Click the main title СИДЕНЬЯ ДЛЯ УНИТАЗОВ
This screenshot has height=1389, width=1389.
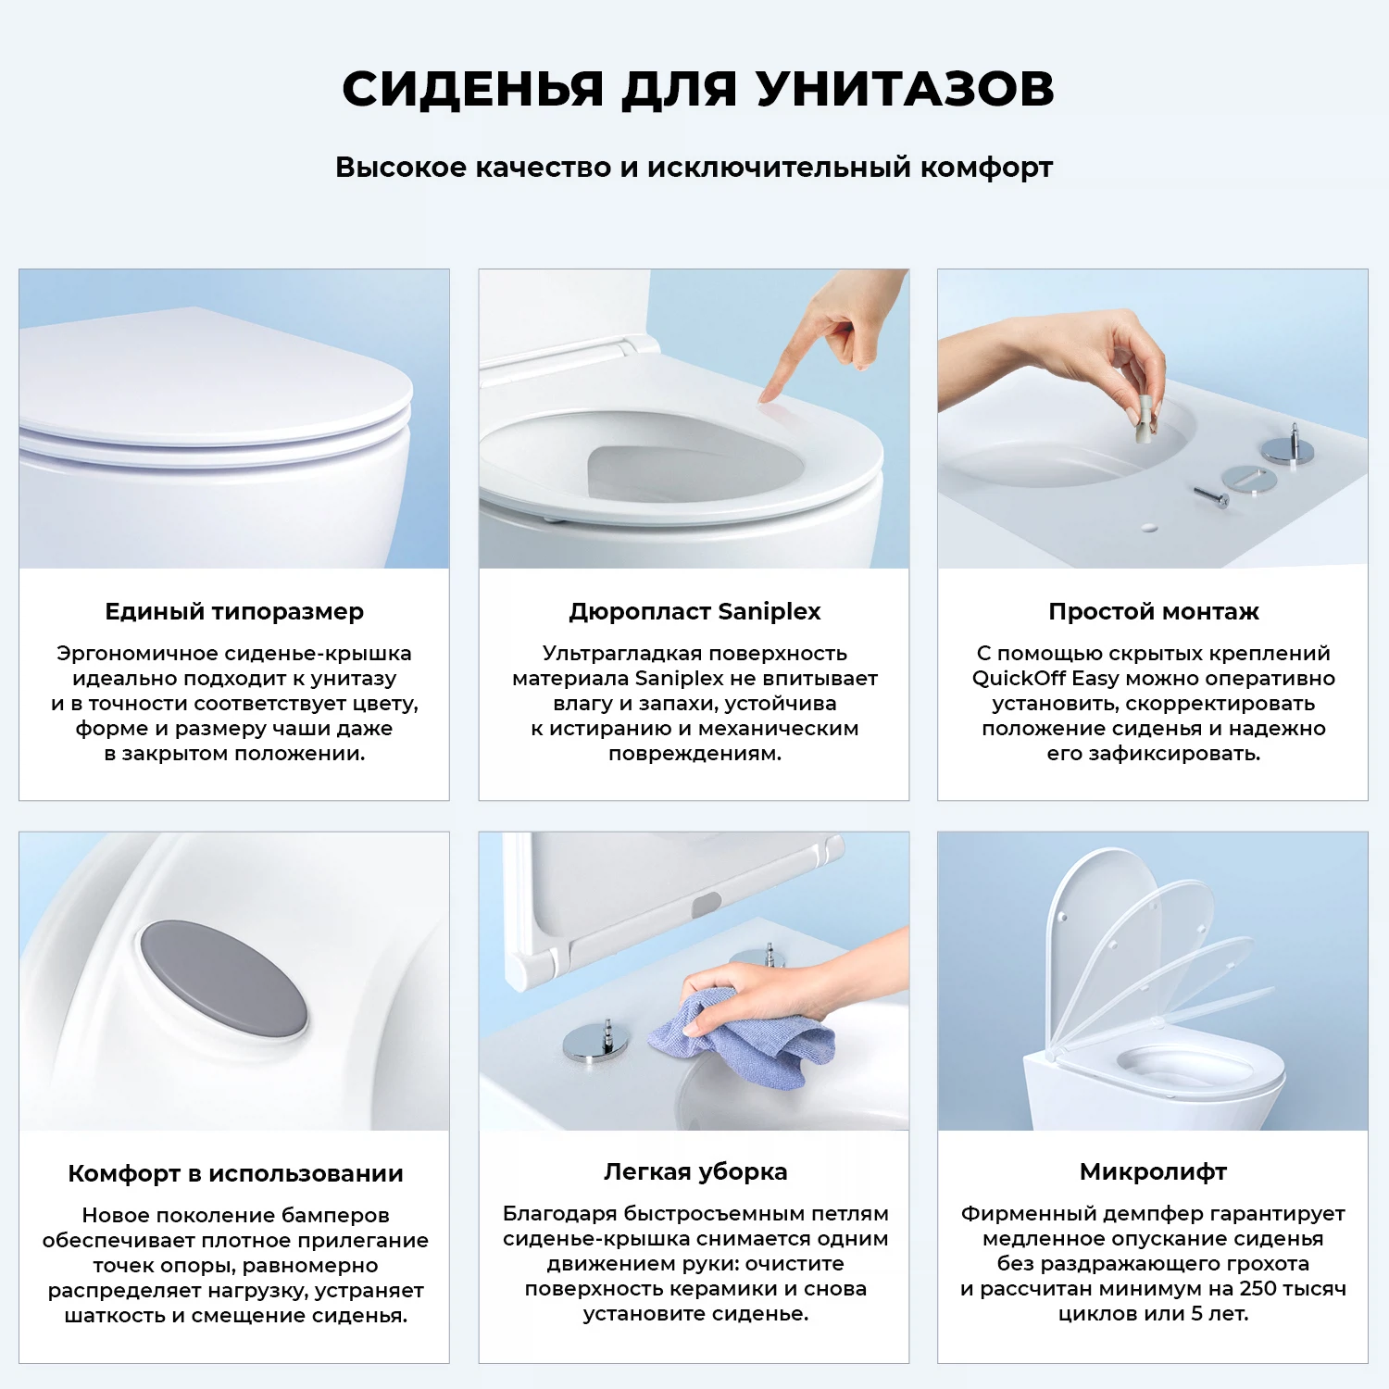pos(698,89)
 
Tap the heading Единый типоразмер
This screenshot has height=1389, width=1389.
pos(234,612)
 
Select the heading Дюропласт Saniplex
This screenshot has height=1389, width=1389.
pos(694,612)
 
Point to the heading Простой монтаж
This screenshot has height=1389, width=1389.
pos(1154,612)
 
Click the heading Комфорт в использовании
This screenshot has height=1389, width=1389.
pos(235,1173)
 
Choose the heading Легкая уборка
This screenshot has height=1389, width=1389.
pos(695,1172)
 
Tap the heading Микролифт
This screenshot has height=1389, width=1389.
pos(1153,1172)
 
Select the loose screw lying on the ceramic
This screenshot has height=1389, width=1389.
pos(1211,496)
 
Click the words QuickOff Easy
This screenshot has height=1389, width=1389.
pos(1045,679)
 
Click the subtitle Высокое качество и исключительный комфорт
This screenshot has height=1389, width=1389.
pos(694,168)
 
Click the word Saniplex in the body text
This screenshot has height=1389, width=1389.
pos(679,679)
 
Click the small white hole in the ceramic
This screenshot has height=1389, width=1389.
pos(1149,527)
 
